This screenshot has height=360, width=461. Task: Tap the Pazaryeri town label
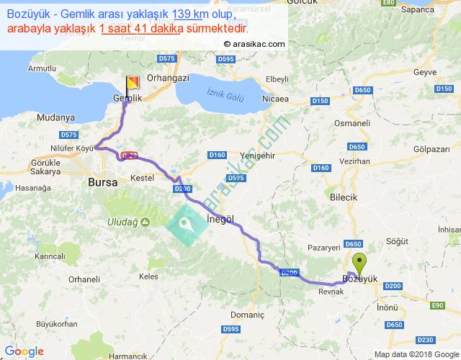click(323, 247)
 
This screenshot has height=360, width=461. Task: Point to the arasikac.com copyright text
click(254, 43)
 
